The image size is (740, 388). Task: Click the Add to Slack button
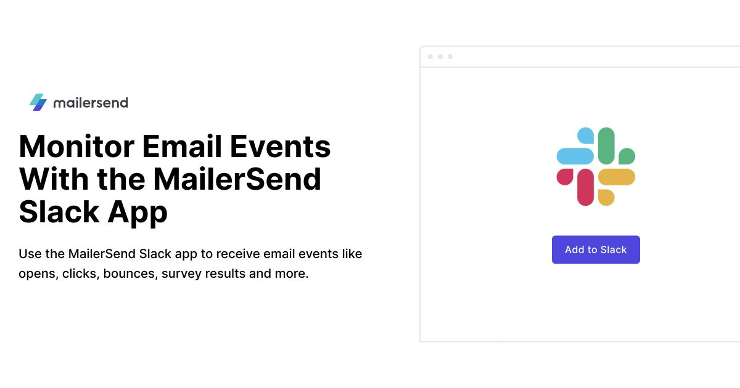pos(596,249)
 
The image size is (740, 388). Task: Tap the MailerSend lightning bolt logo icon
pos(38,102)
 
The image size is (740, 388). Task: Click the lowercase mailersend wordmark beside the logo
pos(91,103)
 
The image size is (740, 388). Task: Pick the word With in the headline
pos(52,179)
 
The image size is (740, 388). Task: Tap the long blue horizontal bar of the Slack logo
pos(575,156)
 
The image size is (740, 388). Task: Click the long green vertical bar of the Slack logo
pos(606,145)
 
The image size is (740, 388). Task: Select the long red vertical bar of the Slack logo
pos(586,187)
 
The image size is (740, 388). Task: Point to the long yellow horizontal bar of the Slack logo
pos(616,177)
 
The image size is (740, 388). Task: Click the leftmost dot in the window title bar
pos(430,57)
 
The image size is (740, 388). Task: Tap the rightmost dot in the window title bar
pos(450,57)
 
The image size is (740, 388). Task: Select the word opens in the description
pos(37,273)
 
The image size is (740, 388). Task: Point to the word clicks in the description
pos(80,273)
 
